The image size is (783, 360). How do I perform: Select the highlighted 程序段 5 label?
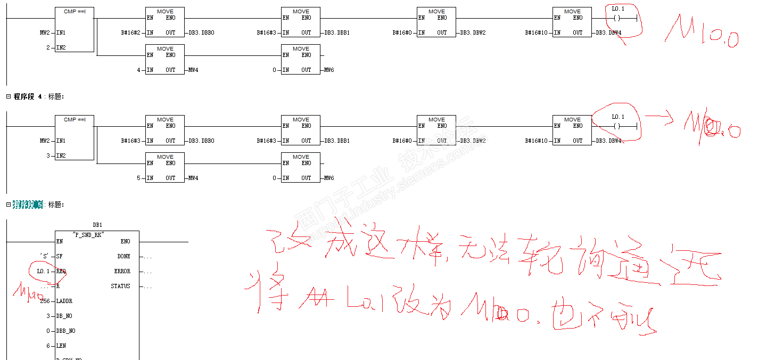point(27,204)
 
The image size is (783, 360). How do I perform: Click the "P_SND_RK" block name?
point(88,234)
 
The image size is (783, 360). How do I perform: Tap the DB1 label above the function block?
point(97,225)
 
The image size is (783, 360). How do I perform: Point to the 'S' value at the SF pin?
point(44,257)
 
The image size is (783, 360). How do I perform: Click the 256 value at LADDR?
point(45,301)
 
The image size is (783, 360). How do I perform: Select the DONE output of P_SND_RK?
point(123,257)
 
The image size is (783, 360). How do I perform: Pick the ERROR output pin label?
point(122,272)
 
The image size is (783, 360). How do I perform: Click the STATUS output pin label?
point(120,287)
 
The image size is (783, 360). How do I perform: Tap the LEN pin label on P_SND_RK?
point(61,346)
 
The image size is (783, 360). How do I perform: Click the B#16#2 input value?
point(130,33)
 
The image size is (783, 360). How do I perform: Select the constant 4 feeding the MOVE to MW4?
point(138,70)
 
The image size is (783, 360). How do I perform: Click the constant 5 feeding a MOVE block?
point(138,178)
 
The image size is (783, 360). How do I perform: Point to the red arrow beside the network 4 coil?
point(660,118)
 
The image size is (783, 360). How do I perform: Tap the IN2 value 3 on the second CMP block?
point(48,156)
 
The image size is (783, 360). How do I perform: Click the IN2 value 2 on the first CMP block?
point(48,48)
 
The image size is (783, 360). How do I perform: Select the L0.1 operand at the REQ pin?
point(44,272)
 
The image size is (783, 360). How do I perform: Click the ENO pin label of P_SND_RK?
point(125,242)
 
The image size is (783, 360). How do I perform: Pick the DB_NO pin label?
point(65,316)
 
